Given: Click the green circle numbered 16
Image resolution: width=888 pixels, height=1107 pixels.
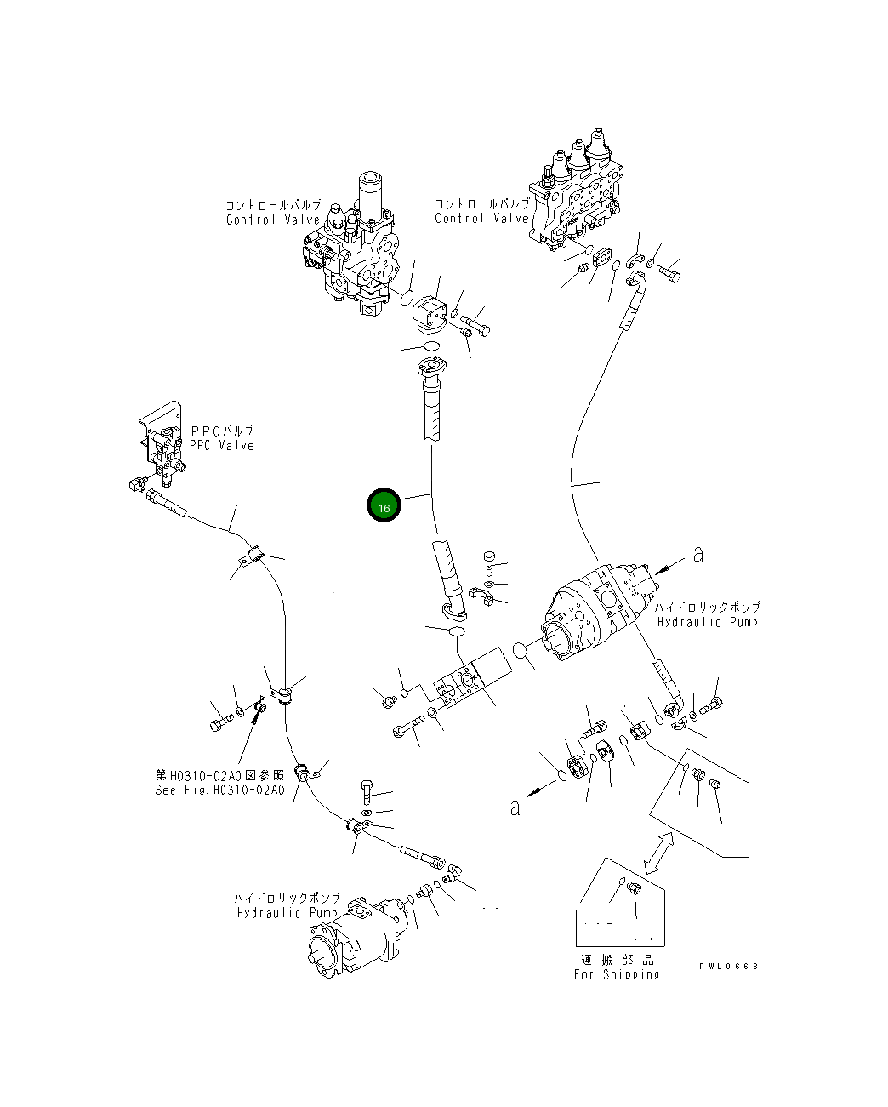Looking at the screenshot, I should point(384,507).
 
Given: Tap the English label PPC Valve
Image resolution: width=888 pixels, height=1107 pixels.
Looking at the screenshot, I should point(222,445).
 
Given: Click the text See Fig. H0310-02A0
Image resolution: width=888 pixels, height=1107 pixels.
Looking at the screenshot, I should point(219,790).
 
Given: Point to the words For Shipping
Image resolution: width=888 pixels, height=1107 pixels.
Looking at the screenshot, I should point(616,974).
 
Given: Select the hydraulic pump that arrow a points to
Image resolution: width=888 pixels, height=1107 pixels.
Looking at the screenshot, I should point(600,613).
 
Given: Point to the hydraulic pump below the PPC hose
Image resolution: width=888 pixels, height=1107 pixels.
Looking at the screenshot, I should point(357,936).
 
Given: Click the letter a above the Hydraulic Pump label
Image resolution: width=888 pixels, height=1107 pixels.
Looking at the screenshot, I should point(698,555).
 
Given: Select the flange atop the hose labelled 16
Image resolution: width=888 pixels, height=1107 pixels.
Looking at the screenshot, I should point(431,371).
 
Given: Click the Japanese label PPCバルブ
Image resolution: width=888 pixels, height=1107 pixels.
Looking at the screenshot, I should point(222,431).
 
